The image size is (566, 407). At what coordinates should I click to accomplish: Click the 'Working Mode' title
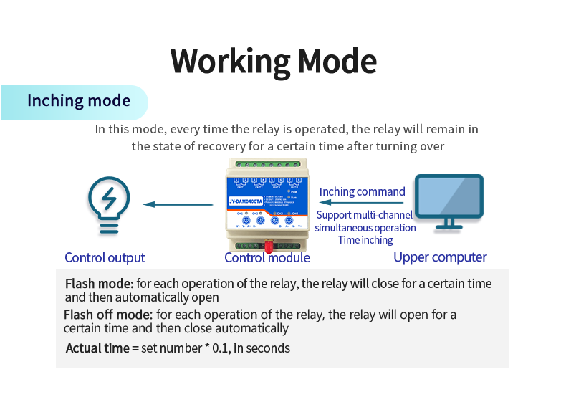point(274,62)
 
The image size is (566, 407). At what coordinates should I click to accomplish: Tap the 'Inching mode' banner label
point(79,101)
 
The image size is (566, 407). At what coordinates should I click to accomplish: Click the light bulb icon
point(109,205)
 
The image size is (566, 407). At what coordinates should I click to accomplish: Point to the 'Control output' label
point(105,258)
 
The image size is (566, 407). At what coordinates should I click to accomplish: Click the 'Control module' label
point(267,258)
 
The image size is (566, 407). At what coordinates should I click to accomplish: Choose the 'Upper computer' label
point(440,257)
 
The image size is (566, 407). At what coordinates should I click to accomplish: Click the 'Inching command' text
point(362,192)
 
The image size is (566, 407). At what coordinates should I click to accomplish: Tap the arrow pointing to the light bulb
point(178,204)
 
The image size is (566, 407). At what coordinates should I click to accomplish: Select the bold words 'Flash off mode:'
point(108,315)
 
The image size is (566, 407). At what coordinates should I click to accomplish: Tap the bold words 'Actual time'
point(97,348)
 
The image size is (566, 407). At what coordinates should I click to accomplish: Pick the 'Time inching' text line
point(365,240)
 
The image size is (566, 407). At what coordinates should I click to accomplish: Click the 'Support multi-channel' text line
point(365,215)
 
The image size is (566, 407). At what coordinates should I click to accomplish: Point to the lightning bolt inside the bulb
point(109,197)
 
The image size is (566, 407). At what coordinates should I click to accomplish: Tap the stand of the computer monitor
point(449,224)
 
